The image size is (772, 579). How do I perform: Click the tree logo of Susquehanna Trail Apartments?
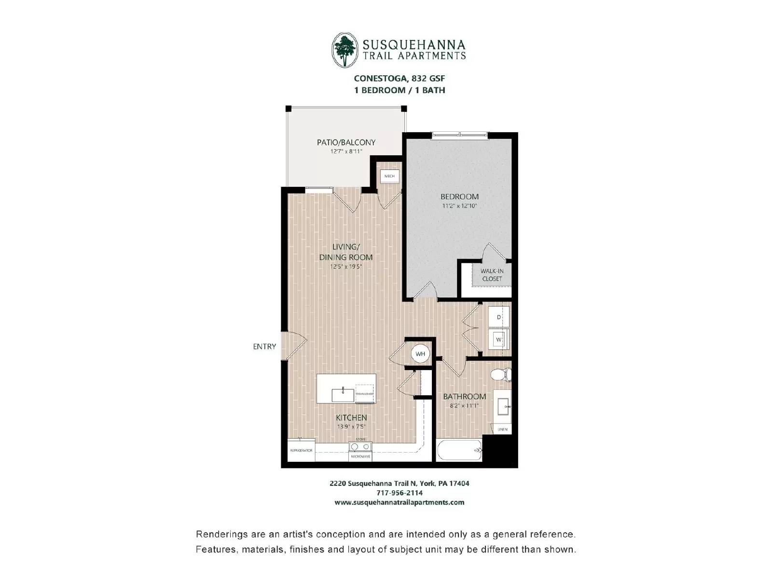point(345,50)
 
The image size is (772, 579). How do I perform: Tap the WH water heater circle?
point(420,354)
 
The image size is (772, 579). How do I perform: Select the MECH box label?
point(389,176)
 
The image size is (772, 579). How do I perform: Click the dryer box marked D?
point(498,317)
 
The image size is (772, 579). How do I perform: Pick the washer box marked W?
point(498,340)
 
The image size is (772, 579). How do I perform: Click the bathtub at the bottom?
point(459,450)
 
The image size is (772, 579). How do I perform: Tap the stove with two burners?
point(360,447)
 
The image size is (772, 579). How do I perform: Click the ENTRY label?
point(264,346)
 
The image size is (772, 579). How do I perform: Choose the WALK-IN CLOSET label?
point(492,275)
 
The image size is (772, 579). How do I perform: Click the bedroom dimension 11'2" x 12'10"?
point(459,206)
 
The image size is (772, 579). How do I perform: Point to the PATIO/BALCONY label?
point(346,142)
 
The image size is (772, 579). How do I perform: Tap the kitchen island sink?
point(343,395)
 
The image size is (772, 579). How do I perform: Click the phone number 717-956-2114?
point(400,493)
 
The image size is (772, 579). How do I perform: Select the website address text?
point(400,502)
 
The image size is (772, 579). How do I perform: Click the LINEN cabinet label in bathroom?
point(502,429)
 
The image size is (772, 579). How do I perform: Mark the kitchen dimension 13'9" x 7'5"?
point(351,427)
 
